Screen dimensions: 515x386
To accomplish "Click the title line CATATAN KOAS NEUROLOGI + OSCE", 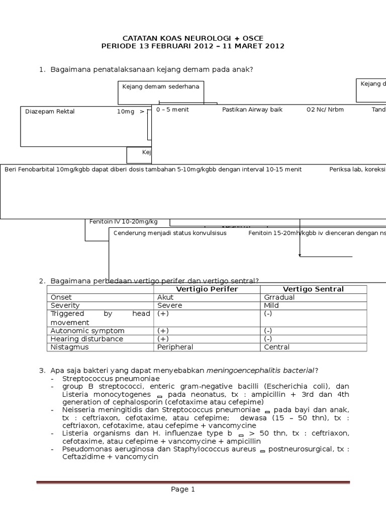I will [x=193, y=38].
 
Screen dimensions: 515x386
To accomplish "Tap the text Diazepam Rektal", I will [x=50, y=112].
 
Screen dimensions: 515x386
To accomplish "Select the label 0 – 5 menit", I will [x=172, y=110].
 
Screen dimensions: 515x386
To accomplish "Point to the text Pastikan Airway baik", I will [x=252, y=110].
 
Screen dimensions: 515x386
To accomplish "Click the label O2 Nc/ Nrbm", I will [x=325, y=110].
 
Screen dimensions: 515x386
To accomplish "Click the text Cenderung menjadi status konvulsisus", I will [x=170, y=233].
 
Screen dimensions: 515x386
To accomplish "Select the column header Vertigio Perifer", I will [x=207, y=289].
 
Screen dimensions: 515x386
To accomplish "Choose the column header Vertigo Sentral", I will [x=313, y=289].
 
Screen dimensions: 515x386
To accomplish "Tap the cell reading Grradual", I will [x=279, y=297].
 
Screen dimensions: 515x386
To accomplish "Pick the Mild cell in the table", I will [x=271, y=305].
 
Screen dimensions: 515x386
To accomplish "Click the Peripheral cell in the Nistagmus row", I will [x=175, y=347].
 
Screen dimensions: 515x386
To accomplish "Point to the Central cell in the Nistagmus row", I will [x=276, y=347].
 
